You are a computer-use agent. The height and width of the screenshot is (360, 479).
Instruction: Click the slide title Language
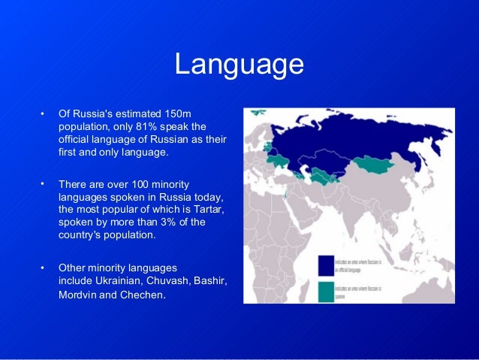click(239, 65)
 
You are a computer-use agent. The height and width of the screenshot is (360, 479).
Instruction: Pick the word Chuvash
click(164, 280)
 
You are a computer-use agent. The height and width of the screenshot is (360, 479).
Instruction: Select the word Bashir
click(209, 280)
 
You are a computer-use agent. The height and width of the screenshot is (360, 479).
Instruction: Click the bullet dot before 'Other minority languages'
click(43, 268)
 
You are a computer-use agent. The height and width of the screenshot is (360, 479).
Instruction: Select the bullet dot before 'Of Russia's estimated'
click(43, 114)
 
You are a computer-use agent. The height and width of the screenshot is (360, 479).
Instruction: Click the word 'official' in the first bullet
click(75, 139)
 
